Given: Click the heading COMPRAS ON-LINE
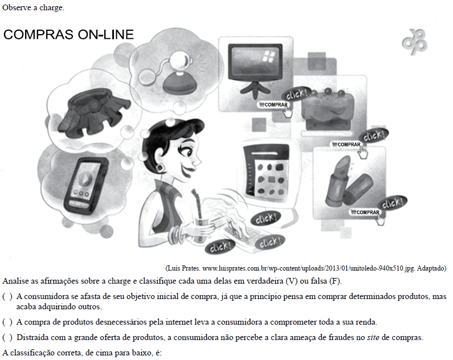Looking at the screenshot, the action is click(x=68, y=35).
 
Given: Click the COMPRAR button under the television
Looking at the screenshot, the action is click(x=273, y=105).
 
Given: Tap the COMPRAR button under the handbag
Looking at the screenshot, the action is click(x=346, y=144).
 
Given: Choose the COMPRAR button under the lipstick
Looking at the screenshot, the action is click(x=365, y=212).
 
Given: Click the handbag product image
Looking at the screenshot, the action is click(x=327, y=109).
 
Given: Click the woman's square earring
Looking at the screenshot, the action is click(x=160, y=168).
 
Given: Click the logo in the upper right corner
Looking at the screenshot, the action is click(x=414, y=42).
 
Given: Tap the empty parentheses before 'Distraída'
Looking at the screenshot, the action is click(x=7, y=337).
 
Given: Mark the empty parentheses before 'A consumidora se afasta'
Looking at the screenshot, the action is click(x=7, y=297).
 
